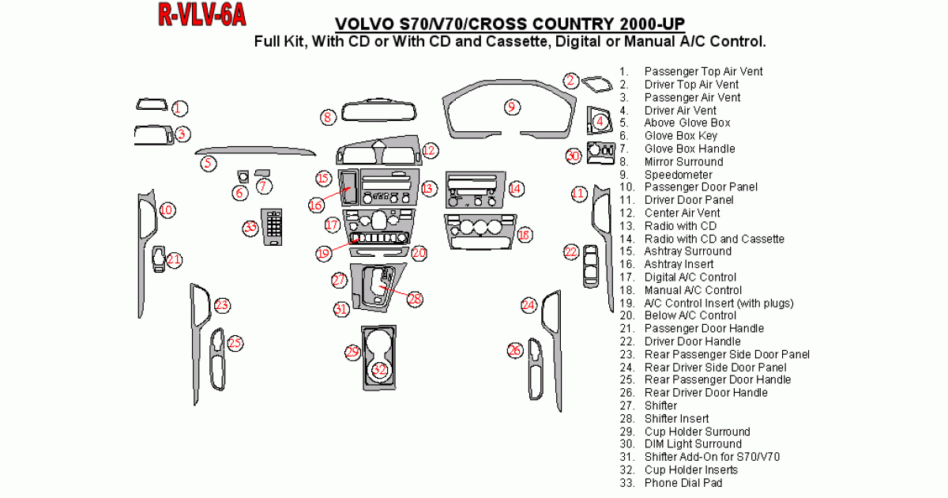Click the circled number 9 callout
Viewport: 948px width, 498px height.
(x=511, y=107)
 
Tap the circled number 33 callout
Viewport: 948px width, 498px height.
(x=250, y=228)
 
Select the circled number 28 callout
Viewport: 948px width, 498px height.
(x=415, y=298)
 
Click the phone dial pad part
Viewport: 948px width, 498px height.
(x=273, y=228)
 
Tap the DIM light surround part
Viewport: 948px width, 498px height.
(x=602, y=153)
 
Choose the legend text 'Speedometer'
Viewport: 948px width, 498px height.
(x=678, y=175)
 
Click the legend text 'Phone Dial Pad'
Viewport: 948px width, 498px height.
(x=683, y=482)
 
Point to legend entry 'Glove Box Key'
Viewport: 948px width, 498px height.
(x=680, y=136)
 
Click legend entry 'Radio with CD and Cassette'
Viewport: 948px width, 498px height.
(x=714, y=239)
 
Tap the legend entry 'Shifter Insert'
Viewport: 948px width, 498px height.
(x=676, y=418)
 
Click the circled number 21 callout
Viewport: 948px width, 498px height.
(x=175, y=259)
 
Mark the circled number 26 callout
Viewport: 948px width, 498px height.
(x=515, y=349)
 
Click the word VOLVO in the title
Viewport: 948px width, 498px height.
(x=365, y=24)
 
